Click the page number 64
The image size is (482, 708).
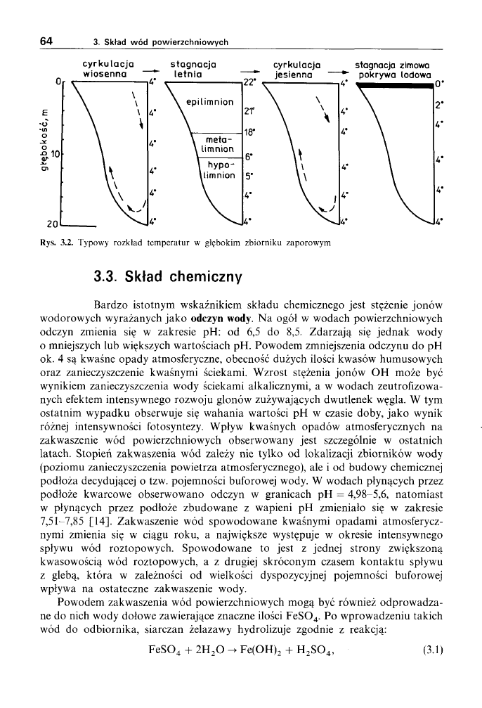pos(47,41)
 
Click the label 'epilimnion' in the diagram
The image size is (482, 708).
pos(209,102)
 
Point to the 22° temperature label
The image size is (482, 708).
pos(249,82)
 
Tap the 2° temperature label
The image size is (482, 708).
pos(438,107)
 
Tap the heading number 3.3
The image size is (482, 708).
pos(108,276)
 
